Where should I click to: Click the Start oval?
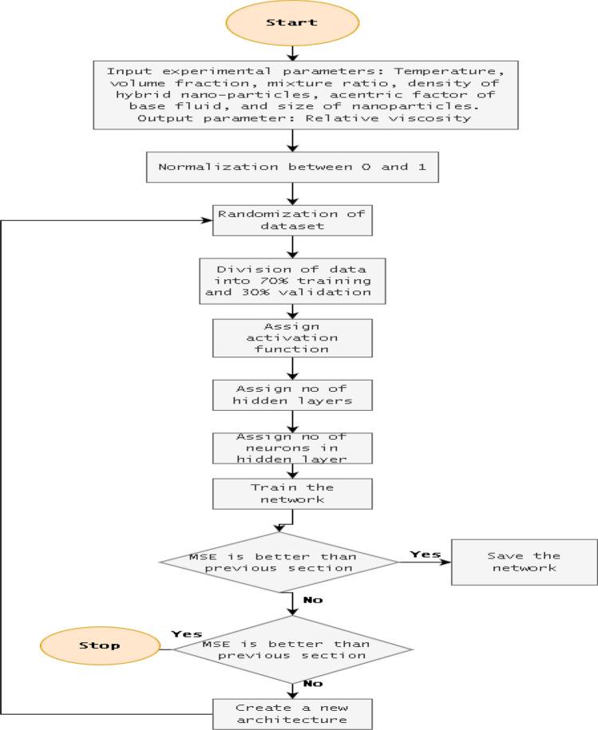point(292,23)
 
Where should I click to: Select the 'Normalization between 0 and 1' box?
point(292,167)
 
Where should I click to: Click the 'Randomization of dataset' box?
point(292,220)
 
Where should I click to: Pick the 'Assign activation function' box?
point(292,337)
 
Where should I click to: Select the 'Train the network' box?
point(292,494)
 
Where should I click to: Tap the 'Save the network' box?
point(524,562)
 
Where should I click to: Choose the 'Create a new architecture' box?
point(292,712)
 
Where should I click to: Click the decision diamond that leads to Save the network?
point(279,562)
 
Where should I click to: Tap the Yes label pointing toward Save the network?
point(424,553)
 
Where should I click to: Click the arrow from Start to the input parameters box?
point(292,51)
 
